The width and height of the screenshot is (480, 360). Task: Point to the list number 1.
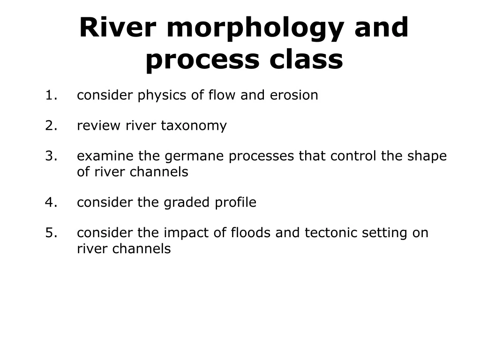51,95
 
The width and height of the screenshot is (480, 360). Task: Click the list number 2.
51,126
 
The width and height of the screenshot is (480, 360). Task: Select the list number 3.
51,156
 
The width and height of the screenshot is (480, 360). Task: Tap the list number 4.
51,202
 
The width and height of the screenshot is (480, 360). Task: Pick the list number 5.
51,233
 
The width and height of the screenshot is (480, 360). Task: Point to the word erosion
294,95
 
